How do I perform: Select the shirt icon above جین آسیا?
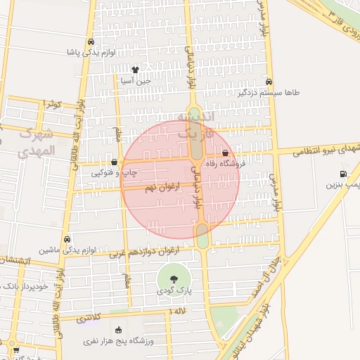(135, 70)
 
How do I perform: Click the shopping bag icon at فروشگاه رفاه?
(225, 153)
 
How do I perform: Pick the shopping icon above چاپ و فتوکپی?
(114, 162)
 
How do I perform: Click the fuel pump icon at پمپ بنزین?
(343, 174)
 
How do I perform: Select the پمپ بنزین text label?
(343, 185)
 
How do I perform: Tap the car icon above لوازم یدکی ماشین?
(67, 239)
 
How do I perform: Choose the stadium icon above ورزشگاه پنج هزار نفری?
(118, 330)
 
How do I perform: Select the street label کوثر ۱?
(53, 104)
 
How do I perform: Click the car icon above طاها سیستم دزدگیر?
(270, 81)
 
